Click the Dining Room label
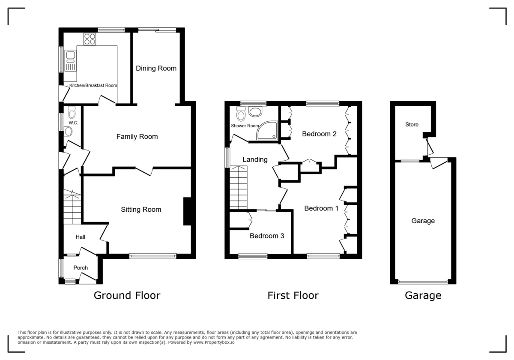(156, 68)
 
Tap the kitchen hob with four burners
(90, 39)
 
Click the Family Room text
(137, 137)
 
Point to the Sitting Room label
(141, 210)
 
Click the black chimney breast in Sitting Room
(188, 211)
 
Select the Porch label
(81, 268)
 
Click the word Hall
(81, 237)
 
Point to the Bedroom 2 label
(319, 134)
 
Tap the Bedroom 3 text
(267, 236)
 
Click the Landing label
(255, 159)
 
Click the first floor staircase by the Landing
(239, 188)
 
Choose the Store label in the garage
(412, 125)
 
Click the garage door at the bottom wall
(423, 282)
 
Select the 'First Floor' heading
(293, 295)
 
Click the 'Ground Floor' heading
(127, 295)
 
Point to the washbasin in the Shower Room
(256, 112)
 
